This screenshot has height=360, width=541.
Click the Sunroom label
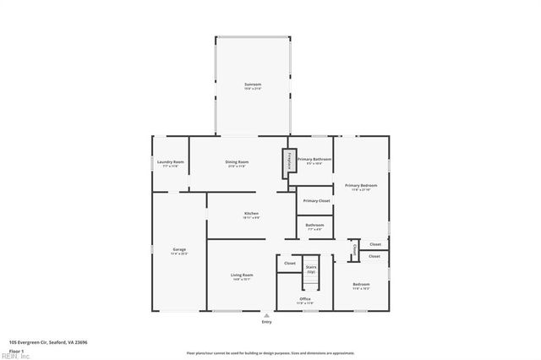point(253,85)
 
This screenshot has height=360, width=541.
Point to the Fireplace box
point(287,161)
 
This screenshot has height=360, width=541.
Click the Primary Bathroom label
point(314,159)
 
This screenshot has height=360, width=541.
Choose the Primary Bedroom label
point(361,185)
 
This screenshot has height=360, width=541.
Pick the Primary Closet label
point(316,200)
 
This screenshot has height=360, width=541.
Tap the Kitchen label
point(251,214)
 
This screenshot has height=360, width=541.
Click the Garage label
point(179,250)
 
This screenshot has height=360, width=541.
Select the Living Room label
point(243,275)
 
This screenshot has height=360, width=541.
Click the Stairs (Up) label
point(311,269)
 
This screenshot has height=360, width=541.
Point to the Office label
point(305,299)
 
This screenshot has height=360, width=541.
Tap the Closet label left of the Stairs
point(290,263)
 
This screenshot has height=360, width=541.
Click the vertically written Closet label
point(354,250)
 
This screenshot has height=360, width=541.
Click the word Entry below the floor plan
point(267,322)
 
